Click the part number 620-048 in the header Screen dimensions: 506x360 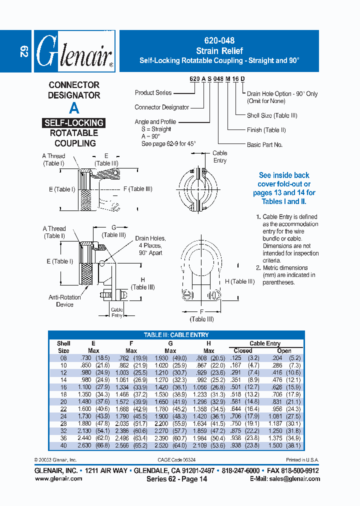219,41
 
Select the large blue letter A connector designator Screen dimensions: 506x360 74,107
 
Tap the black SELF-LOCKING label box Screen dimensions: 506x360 73,122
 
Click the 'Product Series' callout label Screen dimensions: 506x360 153,92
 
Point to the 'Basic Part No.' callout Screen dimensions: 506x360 264,144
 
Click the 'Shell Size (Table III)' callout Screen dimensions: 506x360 272,115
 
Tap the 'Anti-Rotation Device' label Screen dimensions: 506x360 64,300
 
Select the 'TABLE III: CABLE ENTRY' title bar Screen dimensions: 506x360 176,334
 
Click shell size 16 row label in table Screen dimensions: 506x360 63,387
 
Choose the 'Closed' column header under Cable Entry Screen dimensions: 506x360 243,350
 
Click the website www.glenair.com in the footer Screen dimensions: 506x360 58,478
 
